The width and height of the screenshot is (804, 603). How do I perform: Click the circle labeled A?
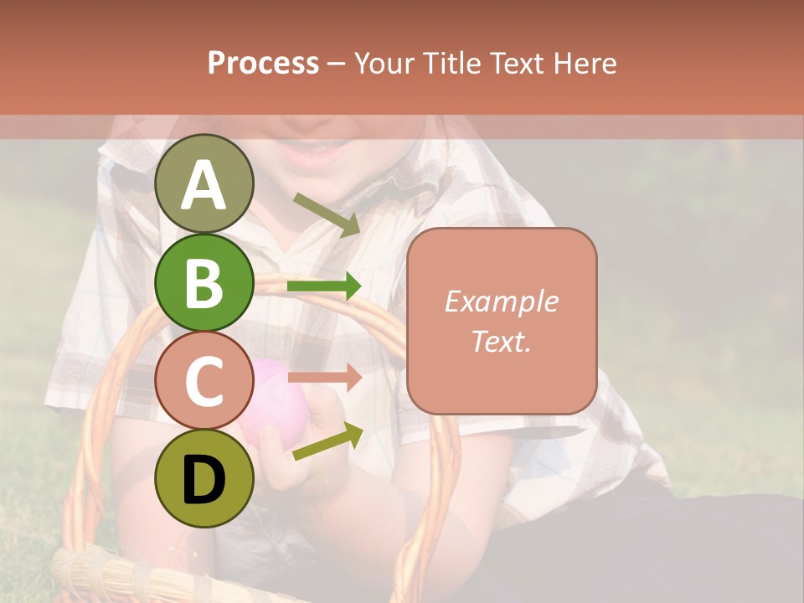(204, 184)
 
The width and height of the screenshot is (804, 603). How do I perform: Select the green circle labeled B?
(204, 283)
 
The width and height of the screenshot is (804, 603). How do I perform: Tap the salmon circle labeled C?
(204, 381)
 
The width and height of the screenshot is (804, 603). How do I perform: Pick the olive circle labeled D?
(204, 478)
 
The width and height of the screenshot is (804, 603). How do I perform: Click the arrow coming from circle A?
(326, 214)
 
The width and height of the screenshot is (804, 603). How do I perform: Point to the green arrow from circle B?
(323, 286)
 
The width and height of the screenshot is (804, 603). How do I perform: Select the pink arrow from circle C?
(323, 378)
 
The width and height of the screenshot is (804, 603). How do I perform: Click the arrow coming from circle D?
(327, 442)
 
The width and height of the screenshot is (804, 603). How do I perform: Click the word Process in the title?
(263, 63)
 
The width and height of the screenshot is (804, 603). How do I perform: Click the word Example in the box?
(501, 301)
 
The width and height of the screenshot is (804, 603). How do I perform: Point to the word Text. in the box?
(501, 341)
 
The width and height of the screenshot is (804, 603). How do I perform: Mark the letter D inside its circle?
(204, 479)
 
